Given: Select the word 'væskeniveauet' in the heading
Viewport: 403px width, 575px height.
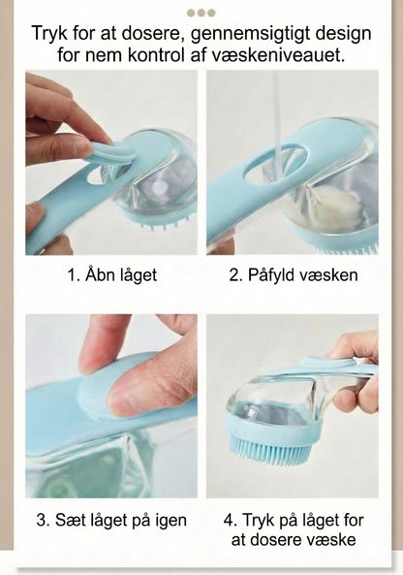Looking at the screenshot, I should point(288,56).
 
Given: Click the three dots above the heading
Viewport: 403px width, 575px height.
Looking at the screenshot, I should point(201,13).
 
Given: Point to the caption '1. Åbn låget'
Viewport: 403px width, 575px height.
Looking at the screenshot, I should point(111,275).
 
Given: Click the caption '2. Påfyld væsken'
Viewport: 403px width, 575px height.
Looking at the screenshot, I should point(293,275).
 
